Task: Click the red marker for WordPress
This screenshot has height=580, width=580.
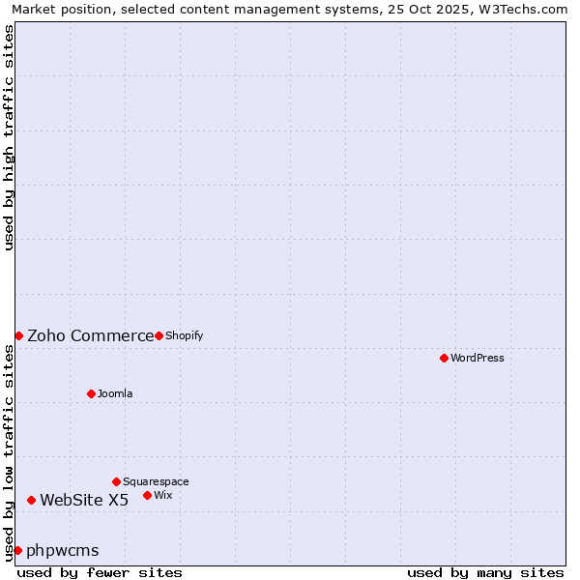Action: [x=444, y=358]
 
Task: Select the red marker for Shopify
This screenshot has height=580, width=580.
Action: [x=159, y=335]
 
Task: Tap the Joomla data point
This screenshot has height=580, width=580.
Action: [x=91, y=393]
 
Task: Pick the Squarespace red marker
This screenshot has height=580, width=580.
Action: [x=116, y=481]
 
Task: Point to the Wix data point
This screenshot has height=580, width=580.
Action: [x=147, y=495]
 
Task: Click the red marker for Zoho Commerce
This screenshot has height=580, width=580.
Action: [x=18, y=335]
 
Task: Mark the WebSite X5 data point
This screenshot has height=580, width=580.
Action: [x=31, y=500]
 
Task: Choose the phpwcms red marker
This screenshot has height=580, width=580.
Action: [x=17, y=550]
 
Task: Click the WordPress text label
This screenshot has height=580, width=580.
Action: [x=478, y=358]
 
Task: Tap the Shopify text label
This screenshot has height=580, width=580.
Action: [x=184, y=335]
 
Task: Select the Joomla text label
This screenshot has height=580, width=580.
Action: [x=115, y=393]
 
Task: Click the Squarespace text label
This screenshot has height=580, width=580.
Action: [x=156, y=481]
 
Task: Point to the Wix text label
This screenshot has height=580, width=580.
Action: [x=163, y=495]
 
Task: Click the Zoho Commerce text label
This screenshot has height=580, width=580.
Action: [x=90, y=335]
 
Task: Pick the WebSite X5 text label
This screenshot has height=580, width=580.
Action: [x=84, y=500]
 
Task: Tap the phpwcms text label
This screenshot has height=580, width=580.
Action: [x=63, y=550]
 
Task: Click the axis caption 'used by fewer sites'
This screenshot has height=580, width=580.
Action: [x=100, y=572]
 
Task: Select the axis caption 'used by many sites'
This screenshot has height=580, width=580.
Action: [x=485, y=572]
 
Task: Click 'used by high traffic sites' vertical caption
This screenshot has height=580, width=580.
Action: [x=9, y=137]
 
